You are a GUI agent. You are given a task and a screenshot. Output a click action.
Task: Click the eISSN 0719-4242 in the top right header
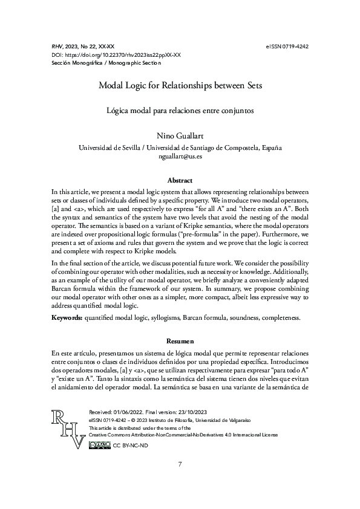coord(287,46)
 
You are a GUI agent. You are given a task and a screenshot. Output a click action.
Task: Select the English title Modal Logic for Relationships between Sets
coord(180,86)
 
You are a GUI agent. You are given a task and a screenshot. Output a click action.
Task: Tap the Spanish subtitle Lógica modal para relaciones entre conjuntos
coord(180,110)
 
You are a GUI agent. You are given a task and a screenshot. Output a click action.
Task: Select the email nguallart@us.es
coord(180,156)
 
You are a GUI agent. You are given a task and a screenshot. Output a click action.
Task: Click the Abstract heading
coord(180,180)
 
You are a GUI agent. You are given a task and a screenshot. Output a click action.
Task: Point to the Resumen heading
coord(180,342)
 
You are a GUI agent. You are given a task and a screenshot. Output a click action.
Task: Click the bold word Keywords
coord(67,317)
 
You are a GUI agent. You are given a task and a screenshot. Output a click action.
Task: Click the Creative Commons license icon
coord(99,445)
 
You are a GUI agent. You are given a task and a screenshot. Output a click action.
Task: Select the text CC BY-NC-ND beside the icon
coord(130,446)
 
